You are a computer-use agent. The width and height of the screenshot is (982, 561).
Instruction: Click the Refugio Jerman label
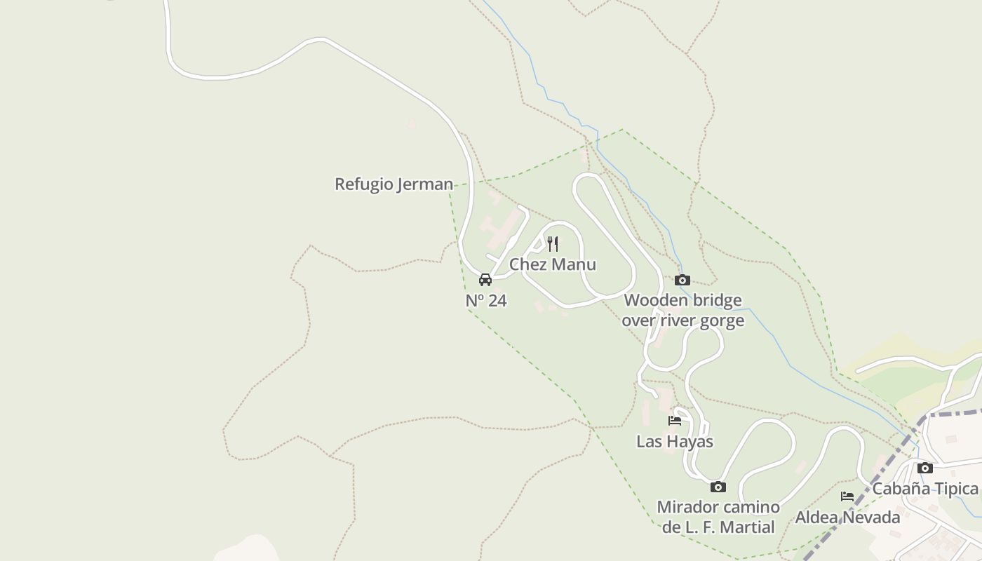(394, 184)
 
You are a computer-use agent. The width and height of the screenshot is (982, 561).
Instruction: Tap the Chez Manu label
(553, 264)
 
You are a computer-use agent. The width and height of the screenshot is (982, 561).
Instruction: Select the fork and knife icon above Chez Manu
(553, 244)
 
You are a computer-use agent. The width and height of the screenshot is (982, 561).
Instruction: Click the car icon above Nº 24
(485, 280)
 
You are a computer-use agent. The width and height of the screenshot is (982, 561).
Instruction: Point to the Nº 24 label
(486, 301)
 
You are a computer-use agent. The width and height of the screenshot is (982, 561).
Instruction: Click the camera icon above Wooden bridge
(682, 280)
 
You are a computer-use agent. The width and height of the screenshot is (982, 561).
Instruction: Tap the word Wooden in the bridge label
(654, 301)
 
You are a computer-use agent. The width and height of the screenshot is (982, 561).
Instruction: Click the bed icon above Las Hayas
(675, 421)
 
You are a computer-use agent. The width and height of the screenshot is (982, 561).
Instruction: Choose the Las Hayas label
(675, 442)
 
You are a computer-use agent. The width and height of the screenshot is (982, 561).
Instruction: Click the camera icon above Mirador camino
(718, 487)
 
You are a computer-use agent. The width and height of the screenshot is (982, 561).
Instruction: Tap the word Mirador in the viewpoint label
(685, 507)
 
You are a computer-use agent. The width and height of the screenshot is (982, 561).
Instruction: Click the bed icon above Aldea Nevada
(847, 496)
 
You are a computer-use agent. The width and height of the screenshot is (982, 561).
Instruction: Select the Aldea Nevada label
(847, 518)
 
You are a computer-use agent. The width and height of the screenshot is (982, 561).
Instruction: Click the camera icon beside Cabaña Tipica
(925, 468)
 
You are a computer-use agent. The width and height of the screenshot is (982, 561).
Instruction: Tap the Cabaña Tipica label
(924, 489)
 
